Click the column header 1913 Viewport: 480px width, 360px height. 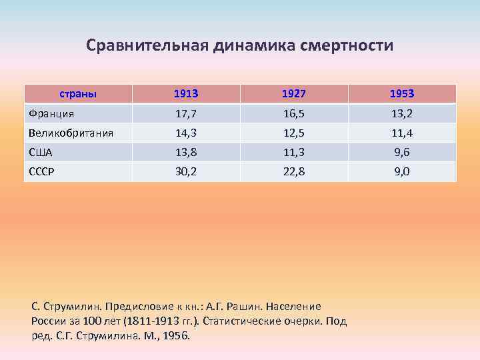click(186, 93)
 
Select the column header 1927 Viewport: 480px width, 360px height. click(294, 93)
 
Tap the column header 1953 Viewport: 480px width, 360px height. click(402, 93)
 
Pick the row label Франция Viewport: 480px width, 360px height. click(51, 113)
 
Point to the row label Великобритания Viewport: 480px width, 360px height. click(70, 133)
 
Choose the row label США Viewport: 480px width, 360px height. click(41, 152)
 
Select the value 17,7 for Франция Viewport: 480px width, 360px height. click(186, 113)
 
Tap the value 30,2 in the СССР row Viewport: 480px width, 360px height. click(186, 171)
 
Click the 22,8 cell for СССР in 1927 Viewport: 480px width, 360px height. click(294, 171)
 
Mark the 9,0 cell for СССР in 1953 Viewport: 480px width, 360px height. click(402, 171)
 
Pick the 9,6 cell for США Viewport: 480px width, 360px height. click(402, 152)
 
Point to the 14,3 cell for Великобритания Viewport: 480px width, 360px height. click(186, 133)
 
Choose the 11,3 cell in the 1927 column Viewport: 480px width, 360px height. click(294, 152)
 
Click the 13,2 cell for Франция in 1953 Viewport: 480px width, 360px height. click(402, 113)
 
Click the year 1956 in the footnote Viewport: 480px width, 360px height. click(175, 335)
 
